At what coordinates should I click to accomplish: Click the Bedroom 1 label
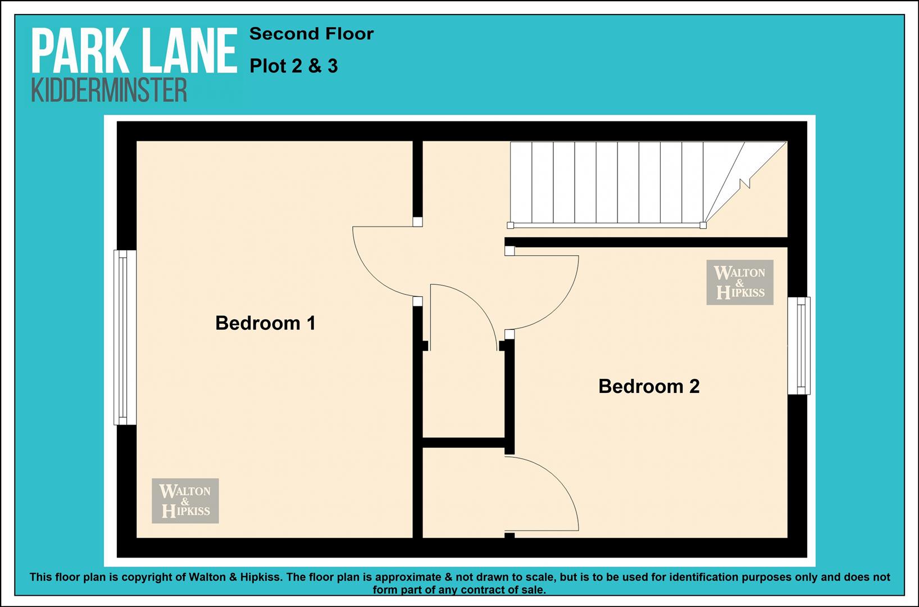pyautogui.click(x=266, y=323)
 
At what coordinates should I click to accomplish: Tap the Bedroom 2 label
pyautogui.click(x=649, y=386)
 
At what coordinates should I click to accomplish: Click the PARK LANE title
pyautogui.click(x=134, y=51)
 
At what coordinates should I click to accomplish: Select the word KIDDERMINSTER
pyautogui.click(x=109, y=90)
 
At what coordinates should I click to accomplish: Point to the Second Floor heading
pyautogui.click(x=311, y=34)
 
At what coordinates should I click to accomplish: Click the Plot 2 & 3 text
pyautogui.click(x=294, y=66)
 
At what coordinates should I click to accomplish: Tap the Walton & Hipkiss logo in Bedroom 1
pyautogui.click(x=185, y=501)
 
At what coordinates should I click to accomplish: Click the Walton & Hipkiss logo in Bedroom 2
pyautogui.click(x=740, y=282)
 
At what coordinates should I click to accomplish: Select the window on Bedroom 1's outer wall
pyautogui.click(x=125, y=337)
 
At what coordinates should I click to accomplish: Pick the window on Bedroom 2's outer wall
pyautogui.click(x=799, y=346)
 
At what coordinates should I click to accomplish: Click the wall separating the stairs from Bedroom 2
pyautogui.click(x=646, y=242)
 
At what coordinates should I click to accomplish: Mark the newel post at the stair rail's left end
pyautogui.click(x=510, y=225)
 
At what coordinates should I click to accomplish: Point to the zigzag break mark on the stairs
pyautogui.click(x=745, y=183)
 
